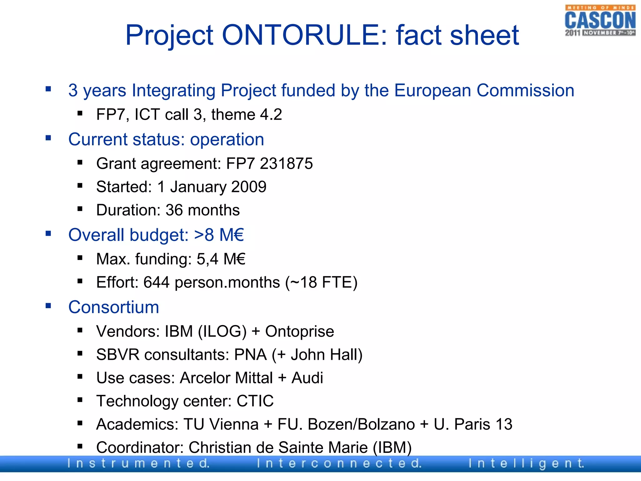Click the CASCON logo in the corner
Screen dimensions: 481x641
[600, 21]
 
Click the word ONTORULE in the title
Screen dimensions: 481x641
[305, 35]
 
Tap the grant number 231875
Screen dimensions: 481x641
[286, 163]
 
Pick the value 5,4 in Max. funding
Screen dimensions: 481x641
[207, 259]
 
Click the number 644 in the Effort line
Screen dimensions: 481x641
[156, 282]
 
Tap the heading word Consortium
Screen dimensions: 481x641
[114, 307]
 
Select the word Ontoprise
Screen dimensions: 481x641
[300, 331]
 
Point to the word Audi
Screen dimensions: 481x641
[307, 378]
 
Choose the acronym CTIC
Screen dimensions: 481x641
[255, 401]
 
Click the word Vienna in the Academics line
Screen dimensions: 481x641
[234, 424]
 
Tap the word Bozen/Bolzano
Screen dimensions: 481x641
[361, 424]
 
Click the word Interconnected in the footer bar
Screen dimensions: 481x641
[339, 463]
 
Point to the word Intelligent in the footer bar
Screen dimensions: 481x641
[526, 463]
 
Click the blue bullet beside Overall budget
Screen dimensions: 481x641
[48, 233]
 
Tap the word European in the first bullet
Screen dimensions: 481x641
[432, 91]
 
